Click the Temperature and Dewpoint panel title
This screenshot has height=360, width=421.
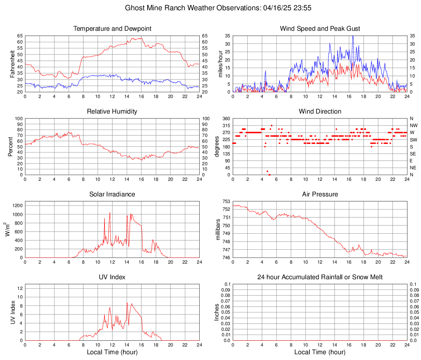[112, 29]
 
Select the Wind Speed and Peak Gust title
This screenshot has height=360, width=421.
[320, 29]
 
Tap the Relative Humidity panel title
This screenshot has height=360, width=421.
[112, 112]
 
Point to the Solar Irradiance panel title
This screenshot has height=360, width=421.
[112, 194]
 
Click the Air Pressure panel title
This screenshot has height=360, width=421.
[320, 194]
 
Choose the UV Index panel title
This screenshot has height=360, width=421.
[112, 277]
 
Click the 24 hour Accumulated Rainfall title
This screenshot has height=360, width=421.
[320, 277]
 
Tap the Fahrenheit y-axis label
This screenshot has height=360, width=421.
[11, 64]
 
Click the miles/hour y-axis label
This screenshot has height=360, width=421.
[220, 64]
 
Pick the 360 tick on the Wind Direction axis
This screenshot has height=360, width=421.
[227, 118]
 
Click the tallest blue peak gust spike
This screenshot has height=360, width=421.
[353, 36]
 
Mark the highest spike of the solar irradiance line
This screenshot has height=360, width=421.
[110, 212]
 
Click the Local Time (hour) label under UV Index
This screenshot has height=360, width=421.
[112, 352]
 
